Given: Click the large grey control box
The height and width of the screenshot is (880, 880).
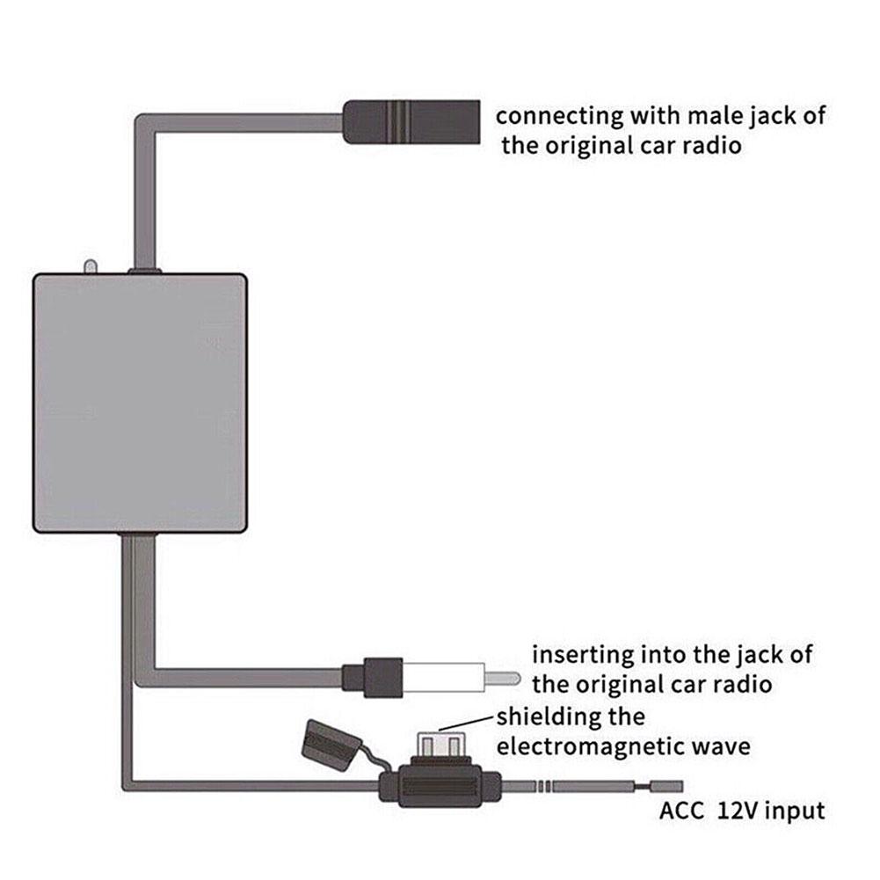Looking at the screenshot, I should click(140, 403).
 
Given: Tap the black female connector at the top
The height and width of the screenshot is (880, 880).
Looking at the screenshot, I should click(410, 121).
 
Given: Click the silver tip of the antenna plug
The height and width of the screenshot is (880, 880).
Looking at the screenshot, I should click(502, 679).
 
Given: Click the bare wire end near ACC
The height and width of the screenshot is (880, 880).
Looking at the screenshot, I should click(666, 784).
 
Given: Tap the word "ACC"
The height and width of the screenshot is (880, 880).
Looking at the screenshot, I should click(682, 811).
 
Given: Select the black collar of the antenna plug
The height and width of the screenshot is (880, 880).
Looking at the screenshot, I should click(374, 679).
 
